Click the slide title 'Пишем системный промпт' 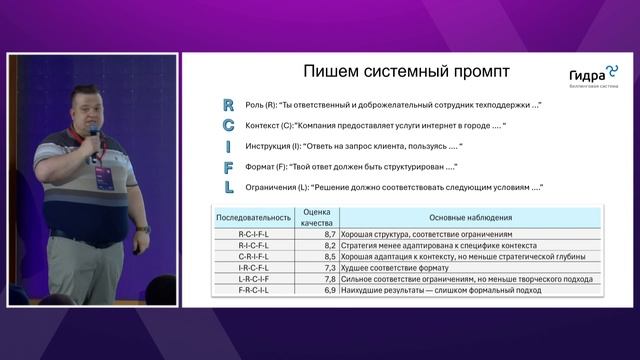coord(405,72)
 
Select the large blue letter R coord(228,105)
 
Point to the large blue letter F coord(228,166)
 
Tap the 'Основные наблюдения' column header coord(470,216)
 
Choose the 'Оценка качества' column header coord(317,217)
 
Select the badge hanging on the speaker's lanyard coord(103,178)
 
